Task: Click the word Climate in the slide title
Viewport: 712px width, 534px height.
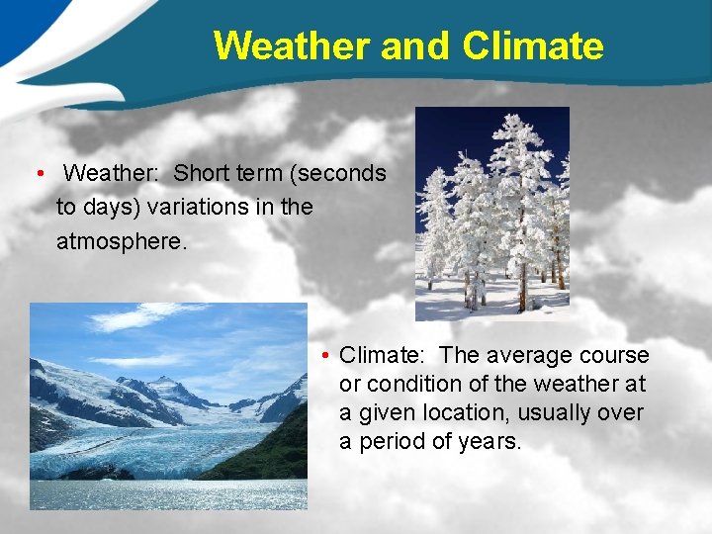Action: tap(532, 45)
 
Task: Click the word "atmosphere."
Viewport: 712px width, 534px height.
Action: tap(121, 240)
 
